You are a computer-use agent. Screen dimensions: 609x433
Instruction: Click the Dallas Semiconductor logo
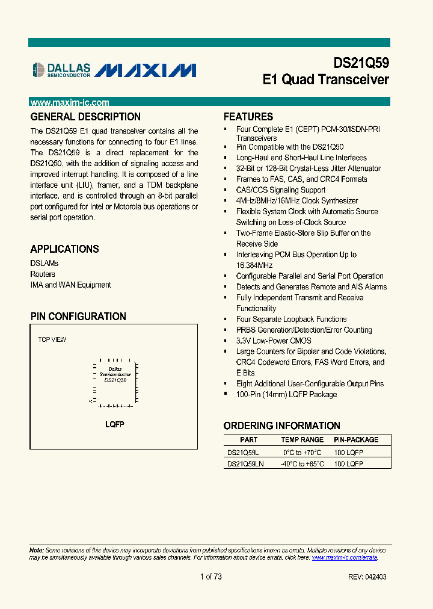coord(61,70)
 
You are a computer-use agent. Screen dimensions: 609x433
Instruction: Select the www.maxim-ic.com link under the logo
coord(70,103)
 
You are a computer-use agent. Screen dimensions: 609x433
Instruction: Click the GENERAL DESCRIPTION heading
coord(85,117)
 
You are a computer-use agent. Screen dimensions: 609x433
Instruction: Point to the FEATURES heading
coord(248,117)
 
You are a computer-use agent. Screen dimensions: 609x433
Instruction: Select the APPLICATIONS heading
coord(64,249)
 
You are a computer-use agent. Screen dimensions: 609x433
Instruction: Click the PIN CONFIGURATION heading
coord(78,317)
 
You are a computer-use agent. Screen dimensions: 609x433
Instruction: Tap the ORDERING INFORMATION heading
coord(281,425)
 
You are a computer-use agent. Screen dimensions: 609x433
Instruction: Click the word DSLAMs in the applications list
coord(45,264)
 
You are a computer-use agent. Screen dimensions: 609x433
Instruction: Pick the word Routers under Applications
coord(43,274)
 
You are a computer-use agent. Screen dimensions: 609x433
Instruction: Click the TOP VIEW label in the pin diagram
coord(52,339)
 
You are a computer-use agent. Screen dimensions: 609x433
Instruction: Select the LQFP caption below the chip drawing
coord(114,424)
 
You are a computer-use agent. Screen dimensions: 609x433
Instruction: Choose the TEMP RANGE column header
coord(302,440)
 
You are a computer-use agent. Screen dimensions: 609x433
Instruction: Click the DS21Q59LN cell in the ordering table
coord(245,464)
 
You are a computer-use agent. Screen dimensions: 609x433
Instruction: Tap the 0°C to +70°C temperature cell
coord(302,452)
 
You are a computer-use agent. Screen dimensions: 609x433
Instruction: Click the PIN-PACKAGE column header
coord(356,440)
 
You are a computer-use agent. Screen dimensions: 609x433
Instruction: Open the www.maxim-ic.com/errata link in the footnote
coord(345,557)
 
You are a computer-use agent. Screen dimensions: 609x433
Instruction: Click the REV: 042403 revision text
coord(367,577)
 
